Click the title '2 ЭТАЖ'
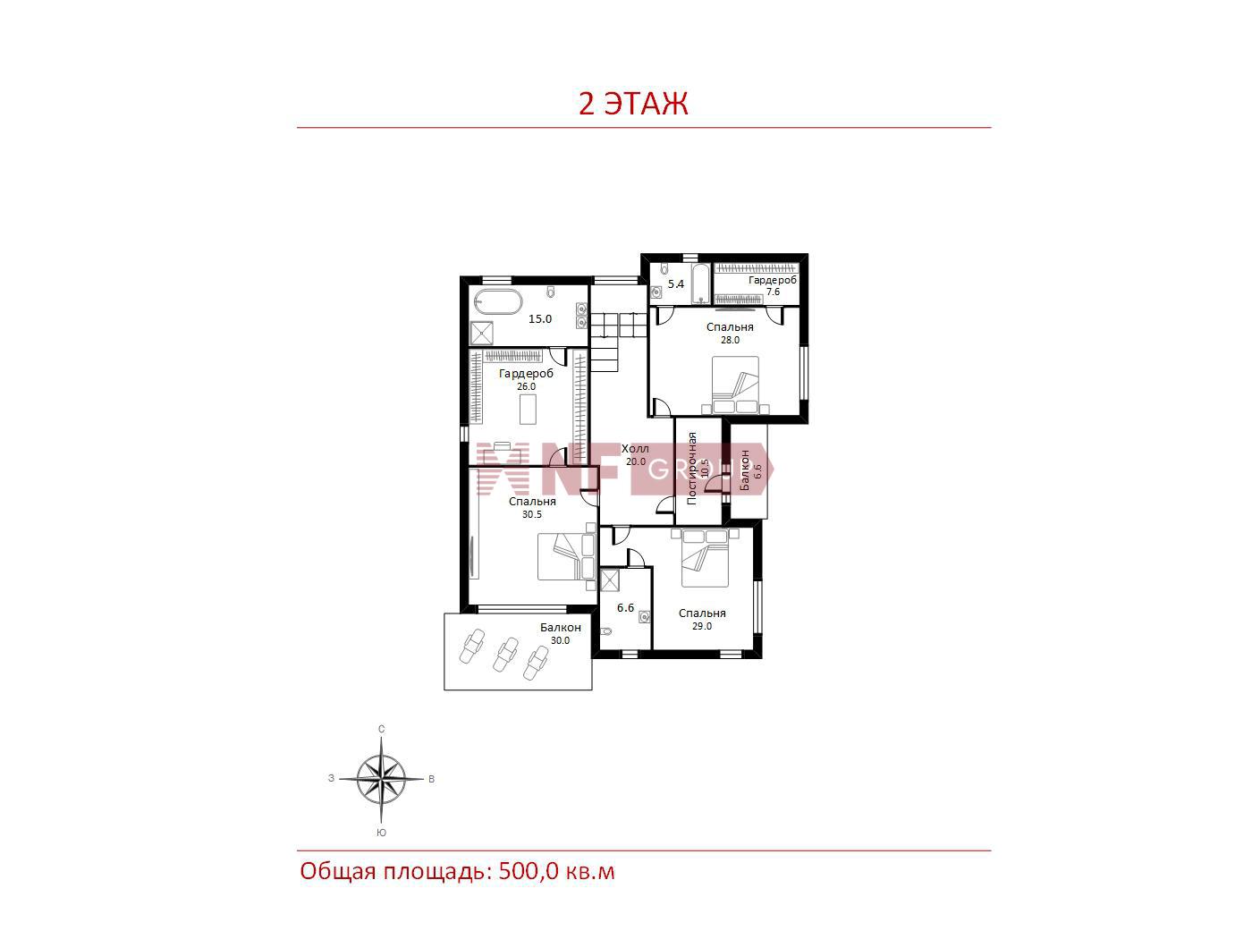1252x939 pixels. point(633,104)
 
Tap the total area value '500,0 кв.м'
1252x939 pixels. point(557,872)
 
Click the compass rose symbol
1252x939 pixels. point(381,778)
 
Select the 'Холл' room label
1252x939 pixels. point(635,449)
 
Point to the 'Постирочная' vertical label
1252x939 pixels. point(692,468)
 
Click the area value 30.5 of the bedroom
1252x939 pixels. point(531,514)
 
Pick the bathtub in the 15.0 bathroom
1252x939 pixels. point(498,302)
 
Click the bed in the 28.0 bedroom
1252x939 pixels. point(735,385)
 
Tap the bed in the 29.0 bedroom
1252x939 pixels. point(705,557)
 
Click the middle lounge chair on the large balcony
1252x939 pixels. point(504,654)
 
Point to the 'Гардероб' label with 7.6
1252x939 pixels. point(773,280)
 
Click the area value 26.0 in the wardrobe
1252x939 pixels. point(526,386)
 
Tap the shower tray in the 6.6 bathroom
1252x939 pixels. point(610,581)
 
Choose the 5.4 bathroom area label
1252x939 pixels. point(676,283)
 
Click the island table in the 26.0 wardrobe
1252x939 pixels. point(528,409)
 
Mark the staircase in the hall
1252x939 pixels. point(619,341)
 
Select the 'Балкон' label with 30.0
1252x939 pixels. point(560,627)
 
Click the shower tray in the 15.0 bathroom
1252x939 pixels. point(482,333)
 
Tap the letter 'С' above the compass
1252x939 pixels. point(382,729)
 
